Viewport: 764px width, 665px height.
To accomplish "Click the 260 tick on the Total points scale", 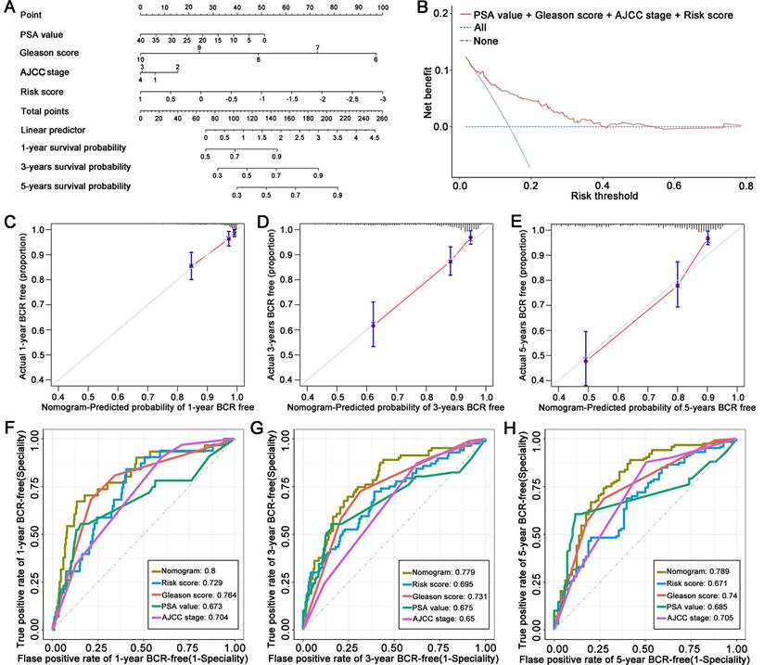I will (x=382, y=119).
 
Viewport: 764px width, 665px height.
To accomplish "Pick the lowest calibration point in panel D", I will (x=374, y=325).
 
